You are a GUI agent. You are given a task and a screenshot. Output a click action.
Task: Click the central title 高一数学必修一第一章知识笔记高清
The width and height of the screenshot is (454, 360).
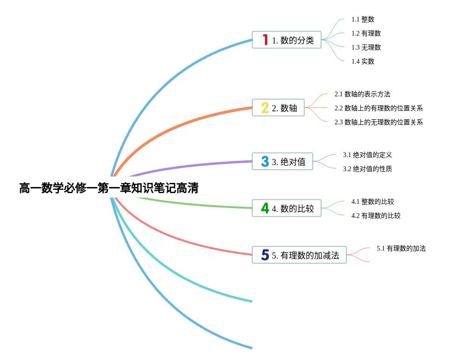click(x=109, y=188)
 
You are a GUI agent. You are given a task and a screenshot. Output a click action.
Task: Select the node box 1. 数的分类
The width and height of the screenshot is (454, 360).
click(x=286, y=40)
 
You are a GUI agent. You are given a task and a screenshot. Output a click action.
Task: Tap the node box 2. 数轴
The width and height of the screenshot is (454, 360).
click(x=278, y=108)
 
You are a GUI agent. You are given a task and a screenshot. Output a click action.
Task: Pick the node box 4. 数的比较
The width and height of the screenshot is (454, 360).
click(x=286, y=209)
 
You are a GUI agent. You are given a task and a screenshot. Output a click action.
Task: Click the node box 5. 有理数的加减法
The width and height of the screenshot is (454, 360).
click(x=299, y=255)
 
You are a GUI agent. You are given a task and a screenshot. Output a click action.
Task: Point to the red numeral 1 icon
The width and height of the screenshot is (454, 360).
click(x=265, y=40)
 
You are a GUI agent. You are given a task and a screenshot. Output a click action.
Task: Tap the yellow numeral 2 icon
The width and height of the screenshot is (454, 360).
click(x=265, y=108)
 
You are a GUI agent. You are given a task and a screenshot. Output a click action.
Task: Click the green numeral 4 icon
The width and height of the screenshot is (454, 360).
click(x=265, y=209)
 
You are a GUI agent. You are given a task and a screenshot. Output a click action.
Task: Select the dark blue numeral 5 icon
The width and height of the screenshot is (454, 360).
click(x=265, y=255)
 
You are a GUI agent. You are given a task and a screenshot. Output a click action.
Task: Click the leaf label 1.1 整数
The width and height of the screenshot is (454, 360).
click(x=363, y=20)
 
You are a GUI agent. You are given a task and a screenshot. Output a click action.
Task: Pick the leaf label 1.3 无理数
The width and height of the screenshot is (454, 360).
click(x=366, y=47)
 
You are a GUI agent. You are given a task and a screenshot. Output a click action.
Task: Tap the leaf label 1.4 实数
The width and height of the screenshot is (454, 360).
click(x=363, y=61)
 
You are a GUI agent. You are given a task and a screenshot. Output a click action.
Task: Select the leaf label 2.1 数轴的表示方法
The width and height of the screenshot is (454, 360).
click(x=362, y=94)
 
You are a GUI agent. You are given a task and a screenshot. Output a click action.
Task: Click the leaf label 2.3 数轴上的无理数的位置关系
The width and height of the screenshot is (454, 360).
click(x=379, y=122)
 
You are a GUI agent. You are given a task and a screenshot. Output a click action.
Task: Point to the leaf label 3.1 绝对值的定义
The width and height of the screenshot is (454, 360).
click(x=367, y=155)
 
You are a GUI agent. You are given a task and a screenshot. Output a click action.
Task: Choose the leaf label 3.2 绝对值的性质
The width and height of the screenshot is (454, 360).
click(x=367, y=169)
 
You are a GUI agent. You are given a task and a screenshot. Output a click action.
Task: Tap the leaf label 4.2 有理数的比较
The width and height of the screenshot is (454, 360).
click(x=376, y=216)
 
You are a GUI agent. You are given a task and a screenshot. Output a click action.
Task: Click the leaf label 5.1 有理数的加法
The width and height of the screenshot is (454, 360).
click(x=401, y=248)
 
